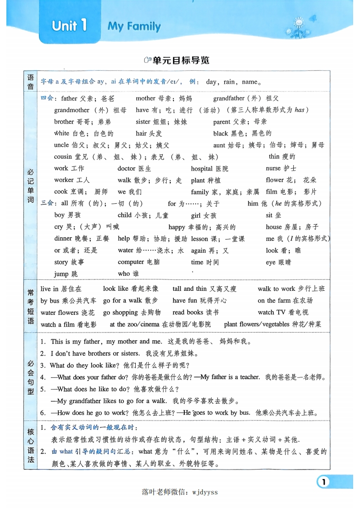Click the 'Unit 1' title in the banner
[x=69, y=25]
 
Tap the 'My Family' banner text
[x=134, y=26]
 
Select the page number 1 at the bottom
[x=323, y=481]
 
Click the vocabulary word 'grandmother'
[x=72, y=110]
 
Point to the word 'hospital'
[x=202, y=168]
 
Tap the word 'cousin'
[x=63, y=157]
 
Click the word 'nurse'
[x=273, y=168]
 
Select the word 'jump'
[x=61, y=274]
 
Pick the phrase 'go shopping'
[x=120, y=313]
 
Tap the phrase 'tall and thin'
[x=189, y=289]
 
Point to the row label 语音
[x=31, y=82]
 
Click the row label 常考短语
[x=31, y=307]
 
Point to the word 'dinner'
[x=63, y=239]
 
